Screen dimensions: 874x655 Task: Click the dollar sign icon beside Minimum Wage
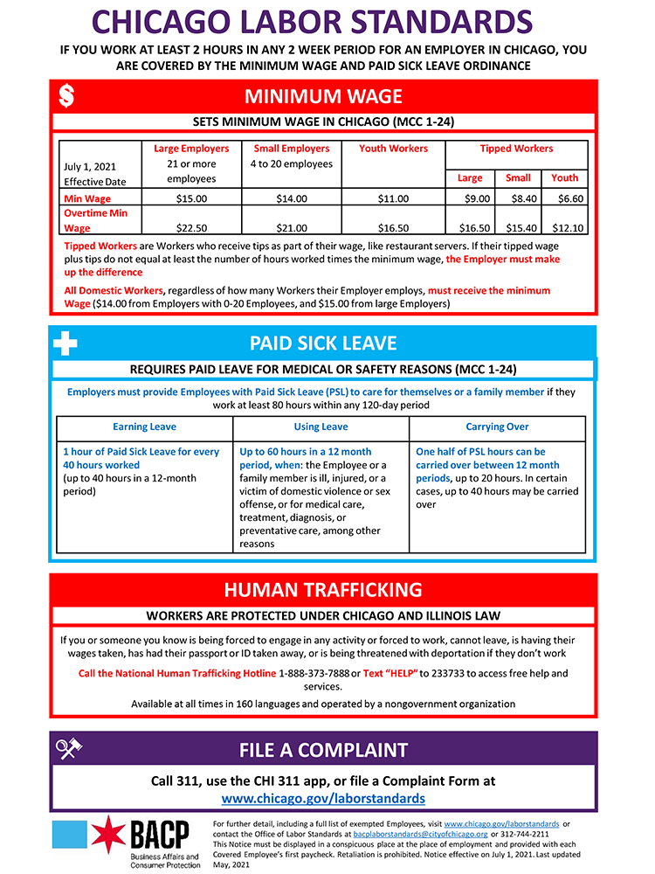point(65,96)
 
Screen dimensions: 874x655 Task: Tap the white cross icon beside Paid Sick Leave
point(65,343)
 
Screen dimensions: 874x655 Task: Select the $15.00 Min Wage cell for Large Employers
point(191,198)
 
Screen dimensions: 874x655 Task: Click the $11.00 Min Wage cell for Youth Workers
point(393,198)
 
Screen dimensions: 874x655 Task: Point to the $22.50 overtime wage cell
point(191,228)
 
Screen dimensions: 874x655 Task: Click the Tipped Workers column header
point(516,149)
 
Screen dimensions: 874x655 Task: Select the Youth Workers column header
point(393,149)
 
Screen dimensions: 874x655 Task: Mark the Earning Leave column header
point(144,427)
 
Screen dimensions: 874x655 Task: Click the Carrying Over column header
point(497,427)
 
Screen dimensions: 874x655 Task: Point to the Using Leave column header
point(321,427)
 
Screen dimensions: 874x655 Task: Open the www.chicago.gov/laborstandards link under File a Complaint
point(323,798)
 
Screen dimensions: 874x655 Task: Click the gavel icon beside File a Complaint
point(68,750)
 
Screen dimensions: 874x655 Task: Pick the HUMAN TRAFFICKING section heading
point(323,589)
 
